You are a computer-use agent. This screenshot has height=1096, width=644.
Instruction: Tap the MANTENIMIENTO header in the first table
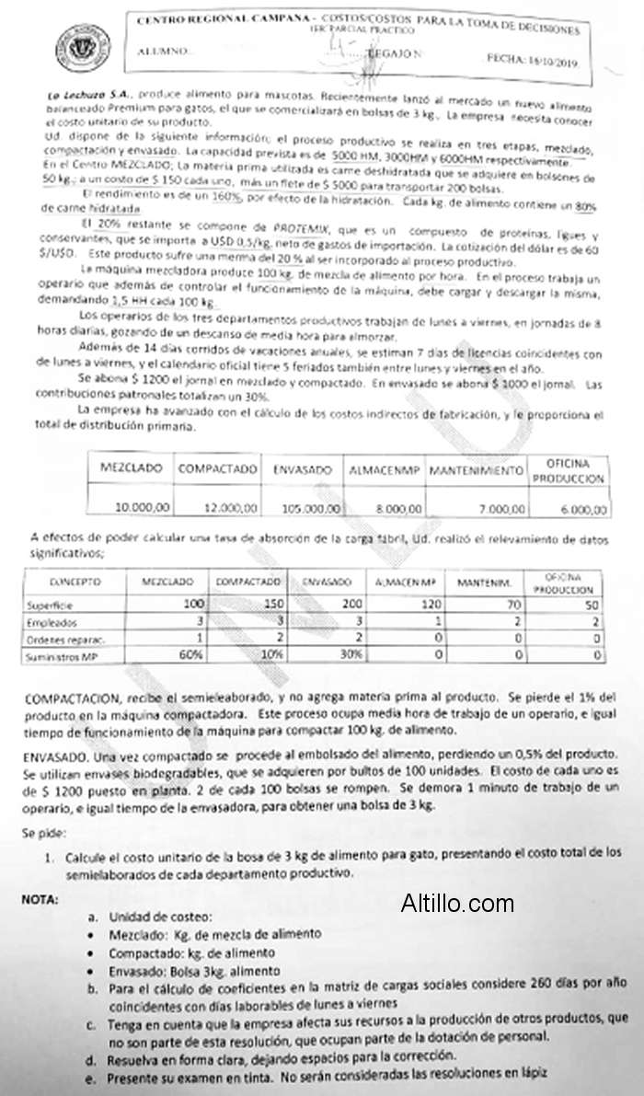(476, 470)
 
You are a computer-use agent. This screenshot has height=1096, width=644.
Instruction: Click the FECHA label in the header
(504, 57)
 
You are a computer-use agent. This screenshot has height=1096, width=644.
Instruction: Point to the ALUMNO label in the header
(160, 52)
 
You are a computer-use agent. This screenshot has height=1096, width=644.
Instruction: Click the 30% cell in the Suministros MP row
(317, 654)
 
